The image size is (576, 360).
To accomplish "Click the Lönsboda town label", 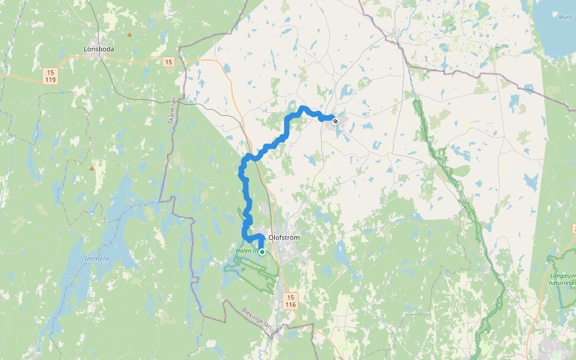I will [99, 49].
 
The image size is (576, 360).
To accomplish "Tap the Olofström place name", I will [284, 238].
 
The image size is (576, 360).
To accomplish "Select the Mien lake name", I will [565, 17].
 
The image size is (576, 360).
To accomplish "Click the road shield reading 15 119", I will [50, 76].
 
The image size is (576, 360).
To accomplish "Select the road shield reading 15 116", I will [290, 301].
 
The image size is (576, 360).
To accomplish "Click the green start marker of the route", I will [262, 252].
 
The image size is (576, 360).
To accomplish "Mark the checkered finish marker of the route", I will [335, 121].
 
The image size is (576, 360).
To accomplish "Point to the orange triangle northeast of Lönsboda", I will [129, 35].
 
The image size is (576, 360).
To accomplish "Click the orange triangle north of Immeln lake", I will [92, 169].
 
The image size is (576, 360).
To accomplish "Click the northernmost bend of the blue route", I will [304, 108].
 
